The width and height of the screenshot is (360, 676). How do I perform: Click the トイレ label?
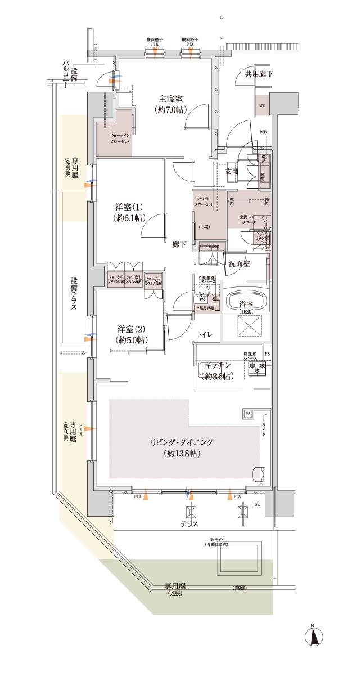(x=204, y=335)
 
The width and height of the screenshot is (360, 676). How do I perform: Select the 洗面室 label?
(x=239, y=263)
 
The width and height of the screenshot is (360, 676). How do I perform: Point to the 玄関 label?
(x=233, y=171)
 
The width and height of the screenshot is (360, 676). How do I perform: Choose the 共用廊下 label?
(x=258, y=74)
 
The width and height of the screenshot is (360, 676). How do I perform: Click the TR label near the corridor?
(x=263, y=105)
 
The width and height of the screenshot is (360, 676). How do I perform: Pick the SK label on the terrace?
(x=258, y=504)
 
